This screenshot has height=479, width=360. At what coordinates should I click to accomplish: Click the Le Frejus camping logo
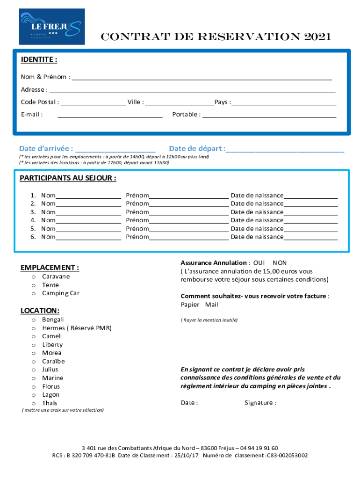(x=52, y=27)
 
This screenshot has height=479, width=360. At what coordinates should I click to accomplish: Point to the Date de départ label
(x=197, y=149)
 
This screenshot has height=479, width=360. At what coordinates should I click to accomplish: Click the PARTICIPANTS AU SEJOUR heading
(x=68, y=178)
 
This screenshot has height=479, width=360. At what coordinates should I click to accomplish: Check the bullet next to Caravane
(x=34, y=277)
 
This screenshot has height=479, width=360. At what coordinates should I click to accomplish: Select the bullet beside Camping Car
(x=34, y=294)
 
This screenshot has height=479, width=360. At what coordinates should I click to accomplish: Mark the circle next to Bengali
(x=34, y=320)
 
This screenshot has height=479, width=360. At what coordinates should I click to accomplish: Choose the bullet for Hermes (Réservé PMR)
(x=34, y=328)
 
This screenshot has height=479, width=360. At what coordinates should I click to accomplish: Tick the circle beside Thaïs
(x=34, y=404)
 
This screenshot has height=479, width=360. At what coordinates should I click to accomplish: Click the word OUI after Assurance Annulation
(x=259, y=263)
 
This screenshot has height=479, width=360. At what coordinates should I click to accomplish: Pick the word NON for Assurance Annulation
(x=280, y=263)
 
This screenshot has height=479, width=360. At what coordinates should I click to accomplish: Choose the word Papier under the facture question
(x=190, y=305)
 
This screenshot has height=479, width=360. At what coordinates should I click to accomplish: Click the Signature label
(x=260, y=403)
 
